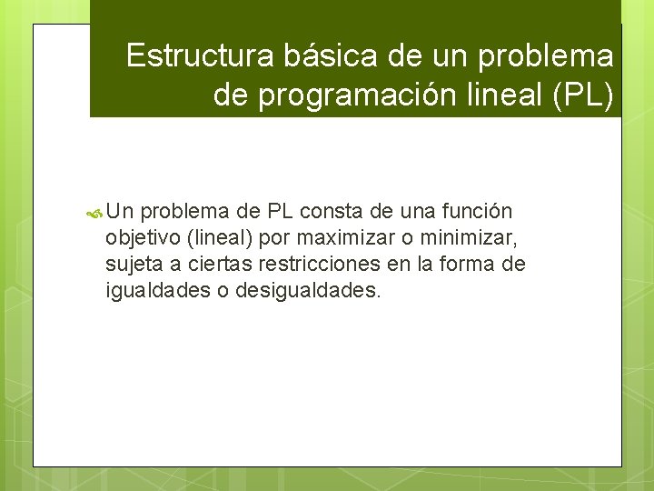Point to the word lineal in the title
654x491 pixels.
pyautogui.click(x=488, y=94)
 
